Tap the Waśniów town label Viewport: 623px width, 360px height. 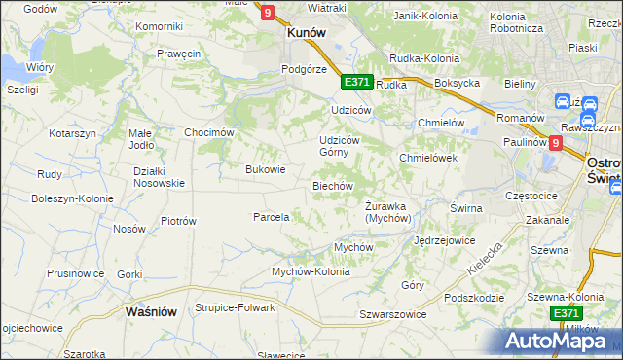151,312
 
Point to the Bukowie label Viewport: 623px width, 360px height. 265,169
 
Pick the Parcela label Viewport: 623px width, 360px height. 271,217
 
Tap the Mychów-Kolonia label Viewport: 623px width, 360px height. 310,271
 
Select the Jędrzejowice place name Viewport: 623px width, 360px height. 444,239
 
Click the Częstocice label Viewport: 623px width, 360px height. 531,196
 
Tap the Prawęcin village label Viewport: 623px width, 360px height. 178,54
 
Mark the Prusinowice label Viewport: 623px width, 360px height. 74,273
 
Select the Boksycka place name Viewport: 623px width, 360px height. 458,84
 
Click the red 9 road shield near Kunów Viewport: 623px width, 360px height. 269,12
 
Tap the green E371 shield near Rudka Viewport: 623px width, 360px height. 356,83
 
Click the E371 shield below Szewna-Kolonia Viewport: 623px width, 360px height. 566,313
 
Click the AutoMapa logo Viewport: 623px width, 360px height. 559,341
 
